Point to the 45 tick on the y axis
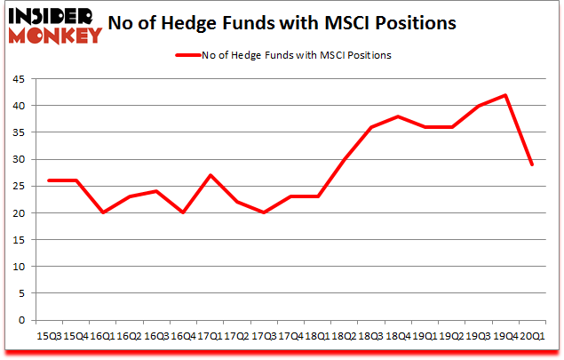tap(18, 78)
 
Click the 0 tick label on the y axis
tap(21, 320)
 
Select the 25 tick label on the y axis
tap(18, 186)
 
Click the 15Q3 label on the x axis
tap(49, 337)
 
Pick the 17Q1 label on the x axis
tap(210, 337)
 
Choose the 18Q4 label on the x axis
tap(397, 337)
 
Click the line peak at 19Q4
tap(505, 95)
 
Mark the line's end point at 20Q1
tap(531, 164)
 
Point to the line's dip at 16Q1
tap(102, 212)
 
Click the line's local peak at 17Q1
tap(210, 175)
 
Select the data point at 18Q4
tap(397, 116)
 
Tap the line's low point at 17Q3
tap(263, 212)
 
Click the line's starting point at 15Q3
tap(49, 180)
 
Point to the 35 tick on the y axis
tap(18, 132)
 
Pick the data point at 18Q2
tap(344, 159)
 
